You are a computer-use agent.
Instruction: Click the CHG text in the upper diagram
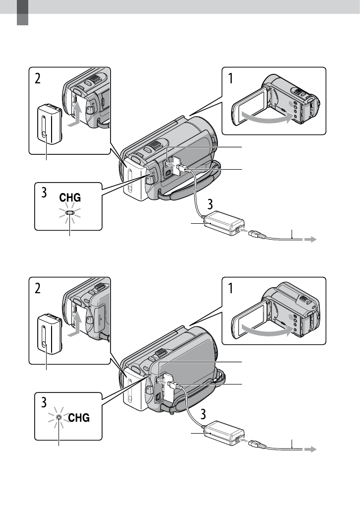pos(70,197)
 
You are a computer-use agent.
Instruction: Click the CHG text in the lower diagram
pos(79,417)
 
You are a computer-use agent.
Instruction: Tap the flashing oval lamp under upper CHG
pos(70,212)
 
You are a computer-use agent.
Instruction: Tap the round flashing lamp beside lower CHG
pos(59,417)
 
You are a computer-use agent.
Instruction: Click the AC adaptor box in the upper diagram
pos(224,223)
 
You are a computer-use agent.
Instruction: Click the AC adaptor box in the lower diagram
pos(224,433)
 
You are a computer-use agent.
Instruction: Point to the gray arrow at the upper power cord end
pos(310,240)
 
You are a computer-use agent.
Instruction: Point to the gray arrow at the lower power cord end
pos(310,449)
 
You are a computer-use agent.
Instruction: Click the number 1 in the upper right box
pos(231,78)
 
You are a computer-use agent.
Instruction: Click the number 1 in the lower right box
pos(231,288)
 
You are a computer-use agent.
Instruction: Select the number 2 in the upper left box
pos(38,78)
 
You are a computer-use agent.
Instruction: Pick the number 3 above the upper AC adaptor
pos(210,204)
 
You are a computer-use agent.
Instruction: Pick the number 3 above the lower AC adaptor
pos(203,414)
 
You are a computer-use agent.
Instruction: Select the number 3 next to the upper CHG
pos(44,192)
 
